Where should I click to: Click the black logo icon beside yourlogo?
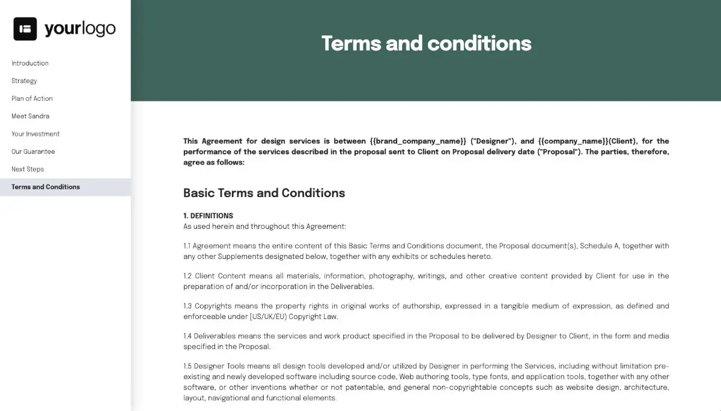[25, 29]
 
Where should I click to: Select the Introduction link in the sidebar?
[30, 63]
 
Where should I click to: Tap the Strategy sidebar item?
[24, 81]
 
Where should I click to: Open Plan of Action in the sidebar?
[32, 99]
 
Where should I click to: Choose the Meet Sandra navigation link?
[30, 116]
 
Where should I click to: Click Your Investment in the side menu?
[35, 134]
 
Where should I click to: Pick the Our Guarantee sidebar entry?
[33, 151]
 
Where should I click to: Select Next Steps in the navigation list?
[28, 169]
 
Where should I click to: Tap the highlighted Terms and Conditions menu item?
[46, 187]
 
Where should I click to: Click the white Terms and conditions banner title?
[426, 43]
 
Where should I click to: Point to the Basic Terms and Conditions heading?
[264, 193]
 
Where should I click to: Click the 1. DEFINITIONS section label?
[208, 216]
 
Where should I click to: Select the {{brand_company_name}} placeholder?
[418, 141]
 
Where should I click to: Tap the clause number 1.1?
[187, 246]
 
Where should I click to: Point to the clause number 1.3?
[187, 306]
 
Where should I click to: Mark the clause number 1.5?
[187, 367]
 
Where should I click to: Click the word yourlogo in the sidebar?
[80, 29]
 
